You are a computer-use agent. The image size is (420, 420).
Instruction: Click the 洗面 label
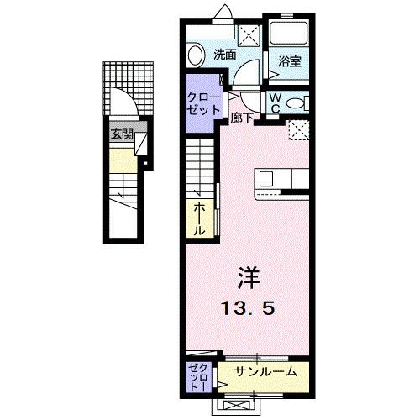point(224,55)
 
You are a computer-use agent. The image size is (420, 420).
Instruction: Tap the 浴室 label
point(291,60)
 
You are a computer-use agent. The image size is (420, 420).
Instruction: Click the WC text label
point(274,102)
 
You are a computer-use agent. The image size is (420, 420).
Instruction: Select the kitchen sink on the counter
point(266,178)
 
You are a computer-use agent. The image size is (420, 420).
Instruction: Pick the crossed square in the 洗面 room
point(249,34)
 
